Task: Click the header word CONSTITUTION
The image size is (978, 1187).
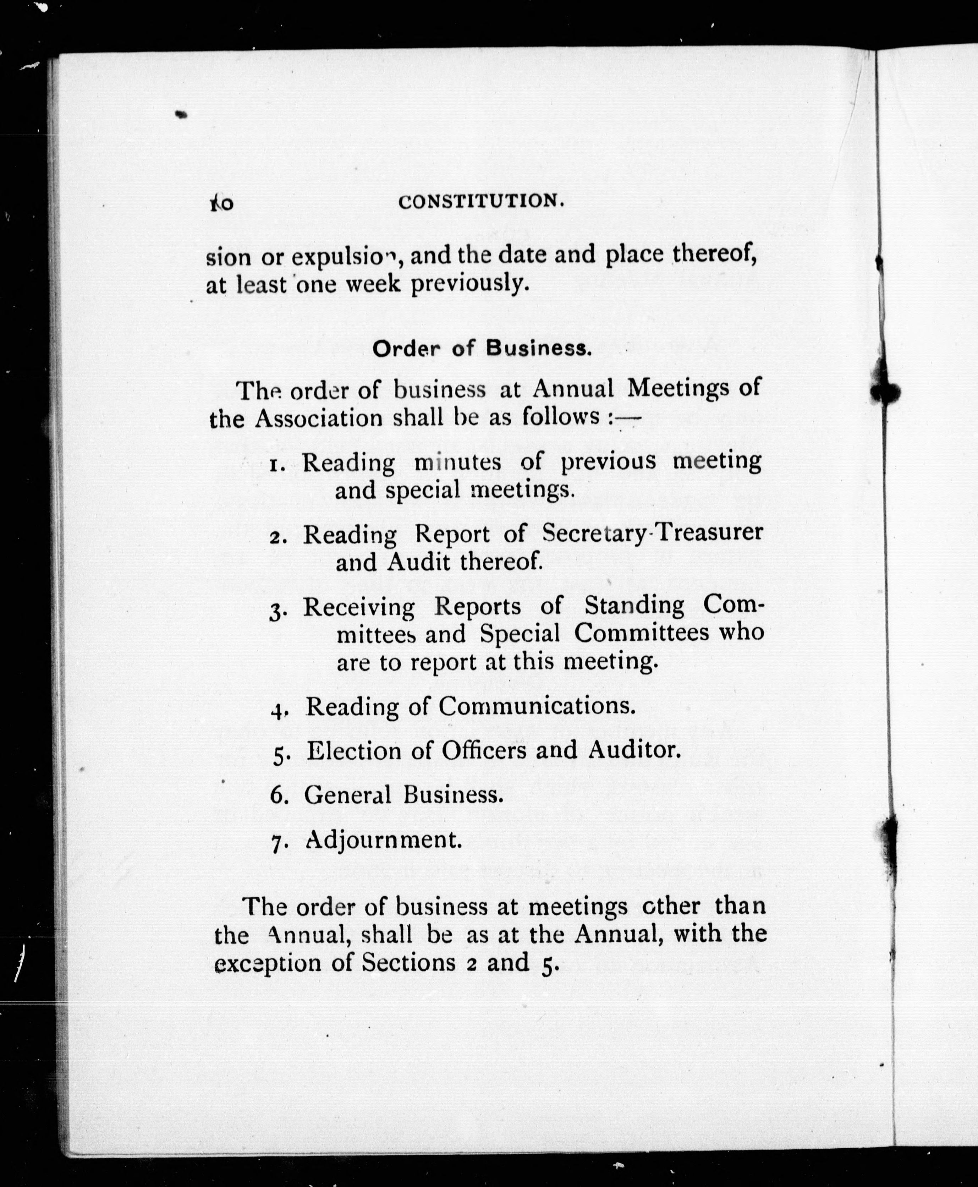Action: click(x=480, y=201)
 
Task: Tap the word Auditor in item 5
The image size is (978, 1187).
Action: click(x=634, y=750)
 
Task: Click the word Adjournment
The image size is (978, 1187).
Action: click(x=383, y=840)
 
